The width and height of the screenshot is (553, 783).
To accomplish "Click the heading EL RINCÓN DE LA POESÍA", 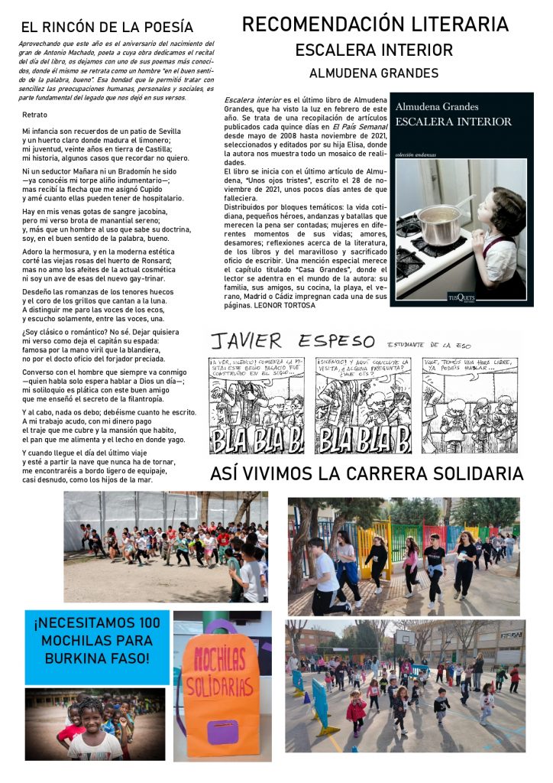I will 107,28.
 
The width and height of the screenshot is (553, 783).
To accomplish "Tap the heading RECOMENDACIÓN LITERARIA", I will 374,24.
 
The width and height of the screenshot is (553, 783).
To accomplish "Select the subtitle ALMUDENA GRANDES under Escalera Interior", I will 374,73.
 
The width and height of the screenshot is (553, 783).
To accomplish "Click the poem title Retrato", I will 35,114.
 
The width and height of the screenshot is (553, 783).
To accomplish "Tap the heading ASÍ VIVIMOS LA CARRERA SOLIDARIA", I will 367,473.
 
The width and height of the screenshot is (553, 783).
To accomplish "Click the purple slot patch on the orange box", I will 223,733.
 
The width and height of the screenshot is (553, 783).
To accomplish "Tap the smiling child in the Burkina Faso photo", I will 92,723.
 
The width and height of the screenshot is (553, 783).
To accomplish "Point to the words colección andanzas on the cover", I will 416,155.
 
